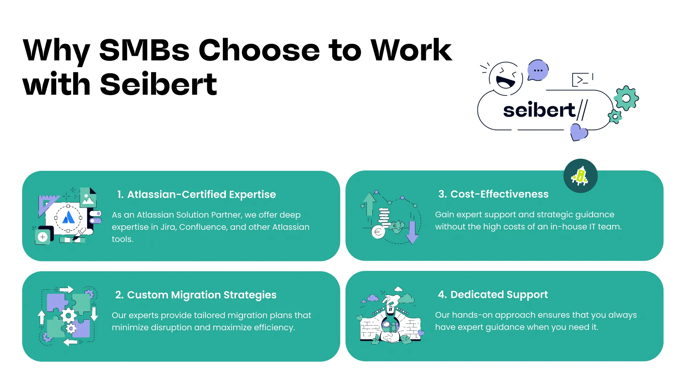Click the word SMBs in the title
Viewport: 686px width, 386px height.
pos(144,50)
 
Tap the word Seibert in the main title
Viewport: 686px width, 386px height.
pos(159,84)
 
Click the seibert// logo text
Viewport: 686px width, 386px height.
pos(545,110)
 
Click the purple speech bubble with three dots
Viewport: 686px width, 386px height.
pos(538,70)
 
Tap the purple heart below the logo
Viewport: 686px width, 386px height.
pos(579,132)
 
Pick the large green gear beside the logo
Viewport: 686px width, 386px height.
pos(626,98)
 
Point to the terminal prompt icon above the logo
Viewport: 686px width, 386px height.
pos(581,80)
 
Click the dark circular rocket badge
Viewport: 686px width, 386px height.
pos(580,176)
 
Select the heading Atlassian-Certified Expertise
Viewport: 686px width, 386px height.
pos(202,194)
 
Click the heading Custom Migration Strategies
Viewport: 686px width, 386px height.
pos(202,295)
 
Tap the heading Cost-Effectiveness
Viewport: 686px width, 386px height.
pos(499,194)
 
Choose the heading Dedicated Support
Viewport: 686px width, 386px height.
pos(499,295)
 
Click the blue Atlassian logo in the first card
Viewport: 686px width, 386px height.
pos(68,217)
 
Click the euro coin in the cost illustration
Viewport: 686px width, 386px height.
pos(378,232)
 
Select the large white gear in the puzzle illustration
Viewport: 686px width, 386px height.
pos(68,316)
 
